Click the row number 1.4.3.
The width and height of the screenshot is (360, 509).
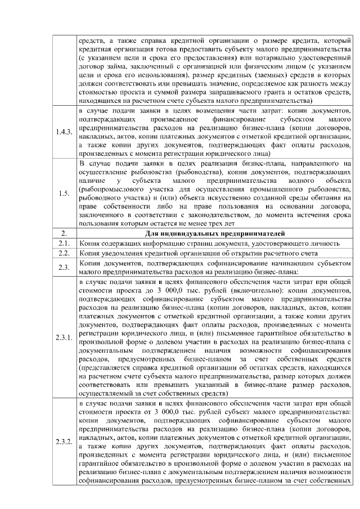pos(63,132)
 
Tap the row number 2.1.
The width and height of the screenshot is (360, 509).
pos(63,243)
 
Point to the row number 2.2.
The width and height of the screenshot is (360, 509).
pos(63,254)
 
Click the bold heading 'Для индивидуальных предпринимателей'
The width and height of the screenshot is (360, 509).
pos(215,233)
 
